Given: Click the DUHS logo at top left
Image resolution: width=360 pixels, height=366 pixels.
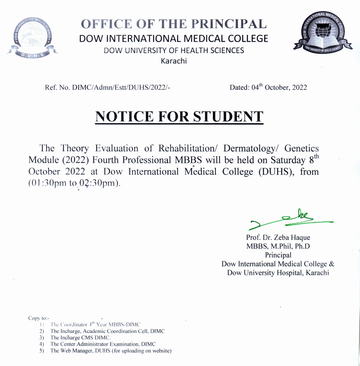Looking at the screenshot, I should [32, 37].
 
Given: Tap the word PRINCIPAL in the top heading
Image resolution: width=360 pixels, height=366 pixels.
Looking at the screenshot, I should [229, 24].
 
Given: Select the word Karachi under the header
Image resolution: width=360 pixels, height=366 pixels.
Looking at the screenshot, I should [174, 61].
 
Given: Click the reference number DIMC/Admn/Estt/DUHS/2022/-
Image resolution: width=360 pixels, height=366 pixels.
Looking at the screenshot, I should [121, 87].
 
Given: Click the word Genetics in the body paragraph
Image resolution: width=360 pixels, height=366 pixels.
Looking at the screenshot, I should [301, 148].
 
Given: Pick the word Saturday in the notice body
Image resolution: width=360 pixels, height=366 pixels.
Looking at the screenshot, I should [288, 160].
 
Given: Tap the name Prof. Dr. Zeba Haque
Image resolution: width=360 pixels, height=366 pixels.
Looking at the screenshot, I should [278, 237].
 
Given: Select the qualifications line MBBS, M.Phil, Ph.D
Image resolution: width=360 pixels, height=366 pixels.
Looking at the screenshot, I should [278, 246].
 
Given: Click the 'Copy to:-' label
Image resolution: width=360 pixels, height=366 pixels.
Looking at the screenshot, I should [39, 318].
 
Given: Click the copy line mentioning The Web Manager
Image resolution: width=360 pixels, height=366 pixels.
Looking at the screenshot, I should [111, 351].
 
